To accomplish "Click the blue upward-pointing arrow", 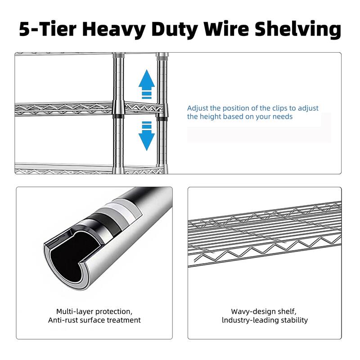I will (x=146, y=83).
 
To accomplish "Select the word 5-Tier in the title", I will (x=44, y=29).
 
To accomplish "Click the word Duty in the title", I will (x=174, y=29).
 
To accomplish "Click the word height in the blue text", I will (x=210, y=117).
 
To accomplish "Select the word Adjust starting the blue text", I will (x=198, y=108).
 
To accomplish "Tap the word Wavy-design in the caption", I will (x=253, y=311).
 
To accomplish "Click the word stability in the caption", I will (x=294, y=320).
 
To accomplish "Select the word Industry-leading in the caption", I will (x=250, y=320).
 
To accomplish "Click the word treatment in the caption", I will (x=124, y=320).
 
